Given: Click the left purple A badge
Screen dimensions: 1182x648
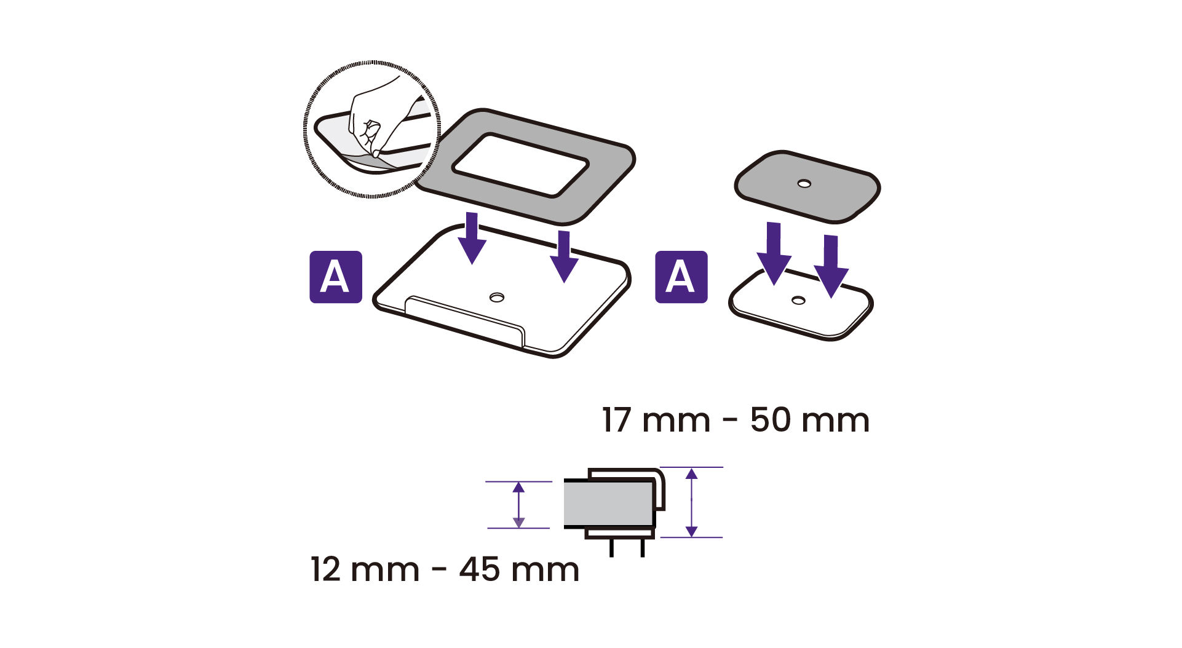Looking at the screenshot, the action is point(335,277).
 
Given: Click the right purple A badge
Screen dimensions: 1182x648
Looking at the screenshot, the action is point(681,277).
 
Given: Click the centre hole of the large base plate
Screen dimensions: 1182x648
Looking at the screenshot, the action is point(496,298).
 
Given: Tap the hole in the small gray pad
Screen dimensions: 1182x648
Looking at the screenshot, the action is point(804,183).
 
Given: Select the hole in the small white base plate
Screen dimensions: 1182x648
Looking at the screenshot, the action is point(798,300).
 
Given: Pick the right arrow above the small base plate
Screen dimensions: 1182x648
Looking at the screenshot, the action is point(831,266).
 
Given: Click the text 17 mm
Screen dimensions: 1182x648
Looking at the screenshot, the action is point(656,421).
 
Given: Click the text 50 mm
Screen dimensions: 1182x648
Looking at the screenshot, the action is point(810,421).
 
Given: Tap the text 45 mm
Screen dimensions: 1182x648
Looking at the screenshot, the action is point(519,569).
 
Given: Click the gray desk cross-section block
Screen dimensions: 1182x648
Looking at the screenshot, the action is point(608,504).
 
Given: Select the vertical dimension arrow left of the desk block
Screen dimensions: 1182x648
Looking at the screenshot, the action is point(518,505).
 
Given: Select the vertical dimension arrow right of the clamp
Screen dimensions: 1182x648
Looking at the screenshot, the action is point(692,502).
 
